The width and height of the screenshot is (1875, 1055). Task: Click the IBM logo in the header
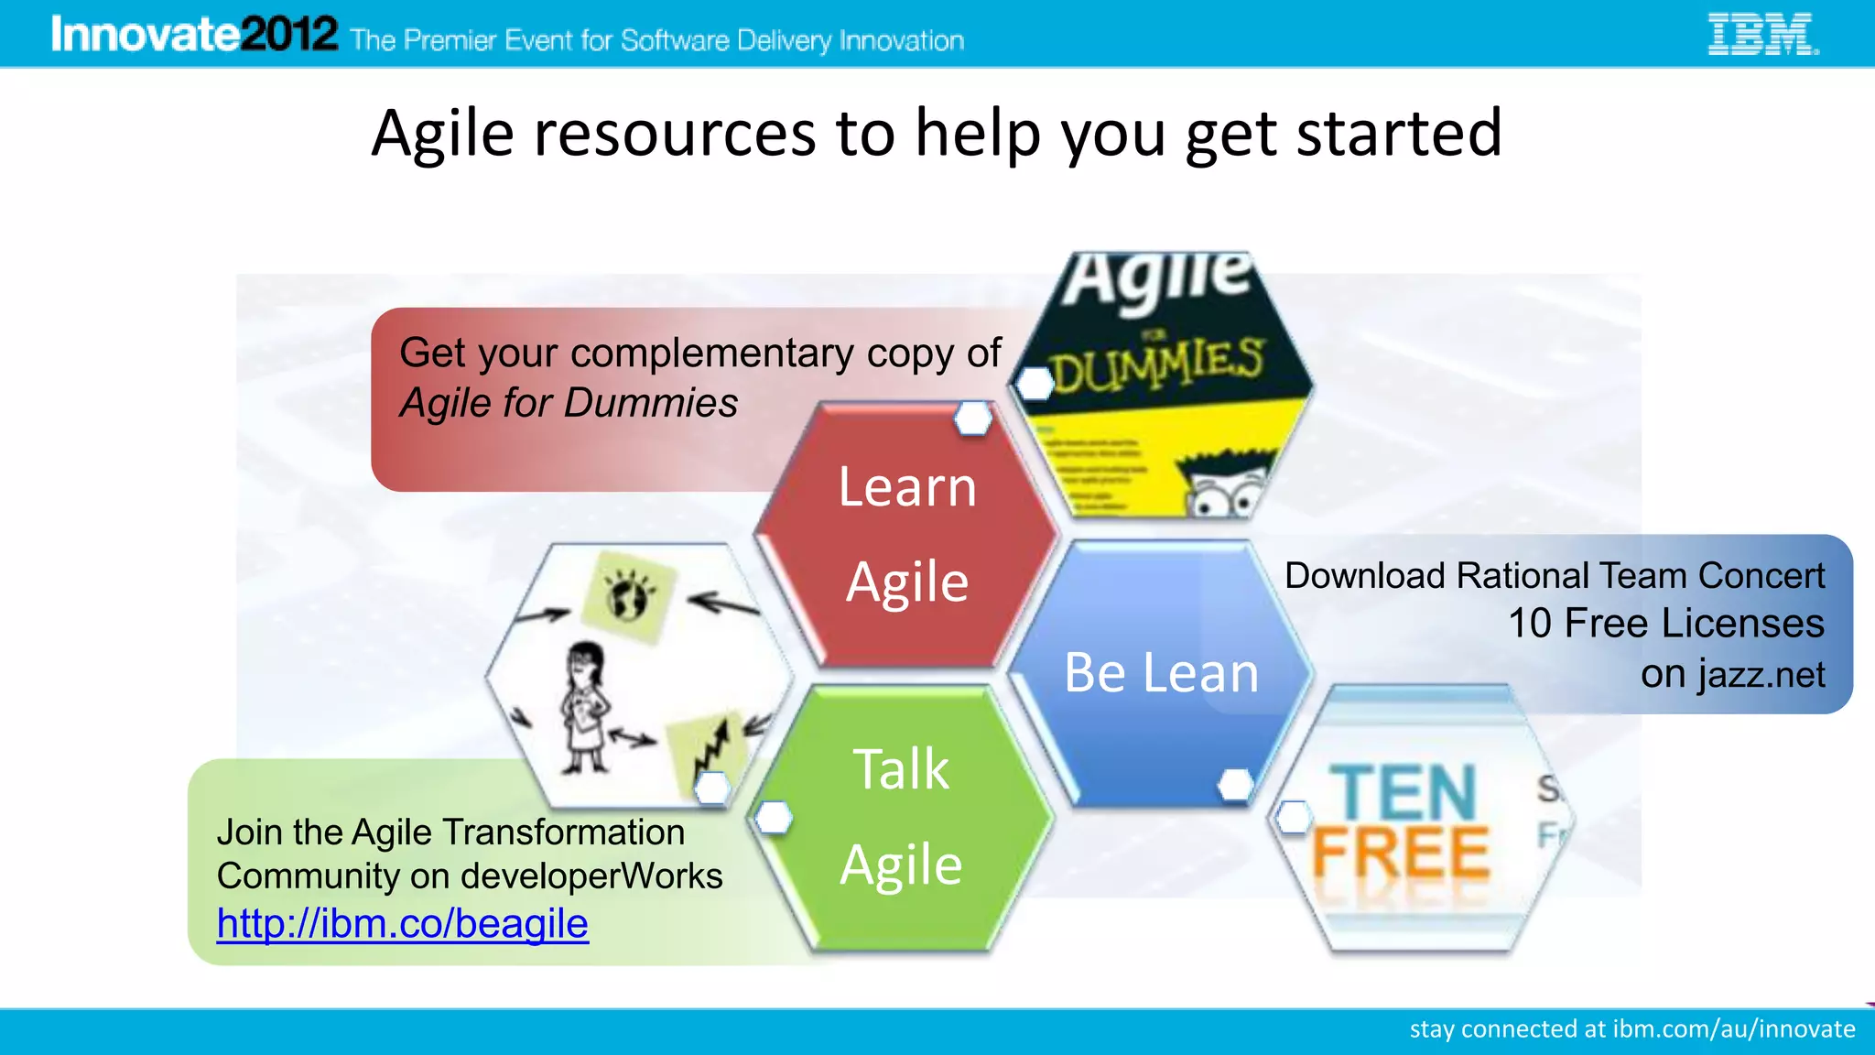click(x=1762, y=35)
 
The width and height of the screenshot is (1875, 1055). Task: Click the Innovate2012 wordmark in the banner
click(x=194, y=35)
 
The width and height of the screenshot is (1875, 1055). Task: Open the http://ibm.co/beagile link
click(x=402, y=923)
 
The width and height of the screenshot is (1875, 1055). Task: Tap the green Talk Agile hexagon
click(x=902, y=817)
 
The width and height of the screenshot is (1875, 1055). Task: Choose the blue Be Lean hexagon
click(x=1161, y=673)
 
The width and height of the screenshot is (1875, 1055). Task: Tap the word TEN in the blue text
click(x=1403, y=793)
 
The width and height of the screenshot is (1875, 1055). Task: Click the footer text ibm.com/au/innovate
click(x=1733, y=1029)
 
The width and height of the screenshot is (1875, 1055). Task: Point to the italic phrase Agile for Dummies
click(x=569, y=403)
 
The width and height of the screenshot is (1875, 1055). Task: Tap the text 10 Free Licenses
click(x=1665, y=624)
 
